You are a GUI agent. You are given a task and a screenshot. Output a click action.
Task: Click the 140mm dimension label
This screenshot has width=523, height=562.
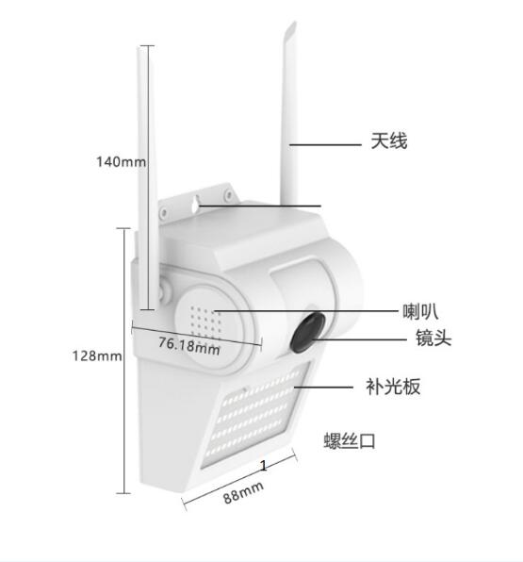pyautogui.click(x=121, y=161)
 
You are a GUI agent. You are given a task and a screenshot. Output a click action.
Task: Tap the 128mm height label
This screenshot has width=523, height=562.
pyautogui.click(x=97, y=355)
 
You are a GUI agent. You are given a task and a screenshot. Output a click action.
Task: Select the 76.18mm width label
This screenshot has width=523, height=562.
pyautogui.click(x=189, y=346)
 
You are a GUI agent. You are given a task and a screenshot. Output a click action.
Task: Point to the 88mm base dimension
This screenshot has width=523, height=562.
pyautogui.click(x=243, y=492)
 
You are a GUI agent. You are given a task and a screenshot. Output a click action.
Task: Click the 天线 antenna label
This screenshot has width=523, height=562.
pyautogui.click(x=389, y=140)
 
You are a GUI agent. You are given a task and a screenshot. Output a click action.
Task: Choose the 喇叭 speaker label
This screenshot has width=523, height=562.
pyautogui.click(x=420, y=311)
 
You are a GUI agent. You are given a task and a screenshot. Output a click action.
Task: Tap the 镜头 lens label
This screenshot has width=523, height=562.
pyautogui.click(x=433, y=338)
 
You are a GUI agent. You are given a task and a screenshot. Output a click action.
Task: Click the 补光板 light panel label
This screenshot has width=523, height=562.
pyautogui.click(x=393, y=387)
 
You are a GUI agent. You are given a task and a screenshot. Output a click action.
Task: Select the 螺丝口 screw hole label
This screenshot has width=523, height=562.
pyautogui.click(x=350, y=440)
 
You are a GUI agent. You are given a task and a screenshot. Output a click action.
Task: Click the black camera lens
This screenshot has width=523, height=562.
pyautogui.click(x=307, y=332)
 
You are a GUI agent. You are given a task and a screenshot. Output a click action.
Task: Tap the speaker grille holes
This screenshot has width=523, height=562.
pyautogui.click(x=206, y=322)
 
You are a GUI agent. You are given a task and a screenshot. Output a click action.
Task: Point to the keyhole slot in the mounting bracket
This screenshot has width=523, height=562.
pyautogui.click(x=194, y=204)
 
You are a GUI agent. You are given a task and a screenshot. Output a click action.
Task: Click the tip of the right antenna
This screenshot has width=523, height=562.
pyautogui.click(x=294, y=23)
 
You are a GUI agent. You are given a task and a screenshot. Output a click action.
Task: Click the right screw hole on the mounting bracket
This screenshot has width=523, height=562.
pyautogui.click(x=227, y=194)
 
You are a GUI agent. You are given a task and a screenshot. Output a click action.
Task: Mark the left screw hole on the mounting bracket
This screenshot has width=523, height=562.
pyautogui.click(x=164, y=213)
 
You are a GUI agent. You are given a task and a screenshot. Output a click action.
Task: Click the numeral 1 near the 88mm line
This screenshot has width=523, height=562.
pyautogui.click(x=264, y=466)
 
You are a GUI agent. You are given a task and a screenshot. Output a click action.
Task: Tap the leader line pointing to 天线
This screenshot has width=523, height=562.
pyautogui.click(x=325, y=145)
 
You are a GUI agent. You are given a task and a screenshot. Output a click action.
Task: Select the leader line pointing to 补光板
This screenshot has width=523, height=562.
pyautogui.click(x=323, y=388)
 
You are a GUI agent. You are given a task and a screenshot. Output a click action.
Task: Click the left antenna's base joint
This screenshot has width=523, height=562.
pyautogui.click(x=165, y=289)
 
